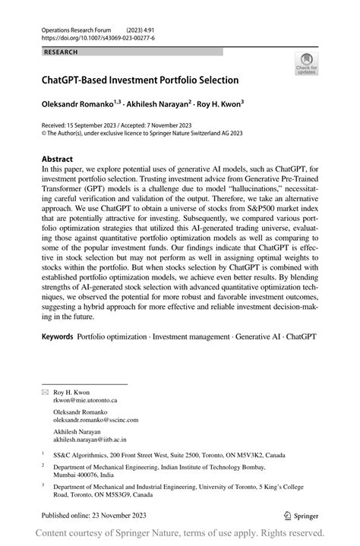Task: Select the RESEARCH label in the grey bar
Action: [x=62, y=52]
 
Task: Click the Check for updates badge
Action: [x=307, y=65]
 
